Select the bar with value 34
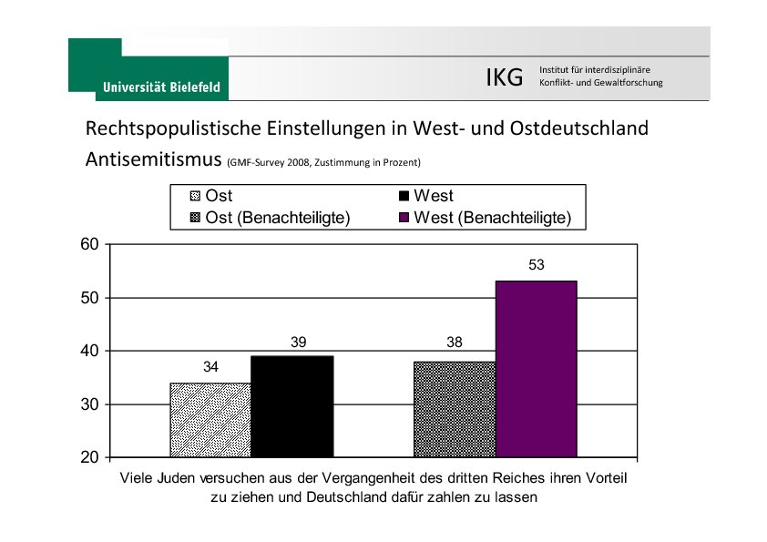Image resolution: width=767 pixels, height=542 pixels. click(210, 419)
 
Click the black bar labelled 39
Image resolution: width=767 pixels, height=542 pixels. click(291, 405)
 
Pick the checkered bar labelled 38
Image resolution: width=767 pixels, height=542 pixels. click(454, 409)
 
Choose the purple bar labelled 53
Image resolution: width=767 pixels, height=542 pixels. click(536, 369)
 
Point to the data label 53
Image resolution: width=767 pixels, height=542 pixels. click(536, 265)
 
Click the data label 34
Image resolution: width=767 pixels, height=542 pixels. click(210, 367)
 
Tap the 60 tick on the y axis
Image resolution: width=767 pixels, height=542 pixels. click(88, 244)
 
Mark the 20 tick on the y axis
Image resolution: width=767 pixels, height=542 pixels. click(88, 457)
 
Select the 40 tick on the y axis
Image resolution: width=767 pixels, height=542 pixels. click(88, 351)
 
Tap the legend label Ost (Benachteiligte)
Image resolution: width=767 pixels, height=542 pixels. click(278, 218)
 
